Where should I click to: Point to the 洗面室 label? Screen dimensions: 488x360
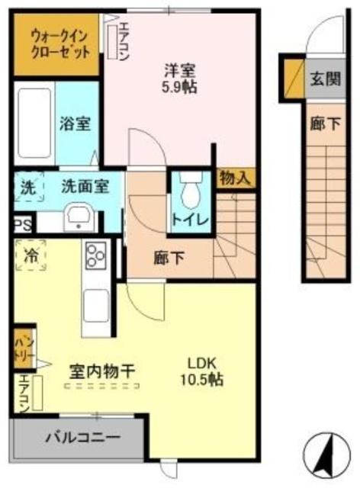point(85,185)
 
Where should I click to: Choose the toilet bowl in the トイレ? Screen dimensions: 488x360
point(191,185)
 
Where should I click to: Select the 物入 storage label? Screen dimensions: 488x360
point(234,178)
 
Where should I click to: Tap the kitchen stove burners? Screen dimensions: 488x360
point(98,255)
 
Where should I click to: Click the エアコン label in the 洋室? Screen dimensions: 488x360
point(123,40)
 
